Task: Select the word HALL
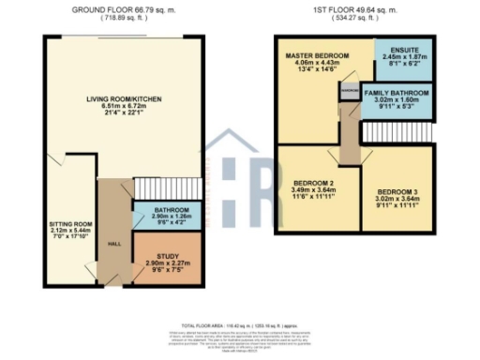pyautogui.click(x=115, y=244)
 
